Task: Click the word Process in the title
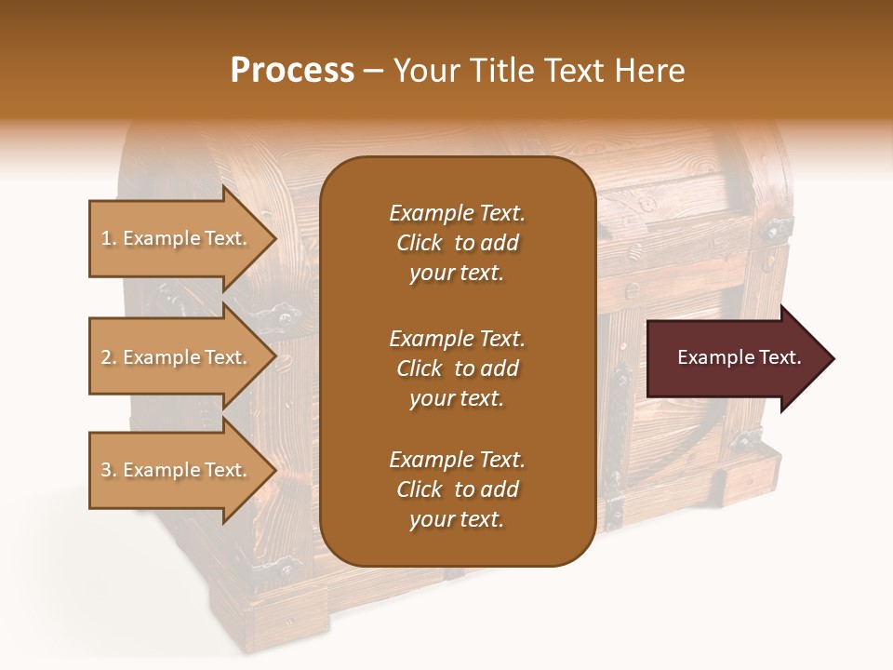[292, 71]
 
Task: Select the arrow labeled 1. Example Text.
[177, 238]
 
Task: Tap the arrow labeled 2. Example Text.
[177, 357]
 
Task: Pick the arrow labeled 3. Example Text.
[177, 470]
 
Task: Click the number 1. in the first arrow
[109, 238]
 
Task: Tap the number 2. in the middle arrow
[109, 357]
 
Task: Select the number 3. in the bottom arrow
[109, 470]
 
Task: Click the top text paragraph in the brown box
[457, 243]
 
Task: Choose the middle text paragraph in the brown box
[457, 368]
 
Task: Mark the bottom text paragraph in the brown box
[457, 489]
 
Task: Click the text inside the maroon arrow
[739, 357]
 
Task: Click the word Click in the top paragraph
[419, 243]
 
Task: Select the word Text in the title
[575, 71]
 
